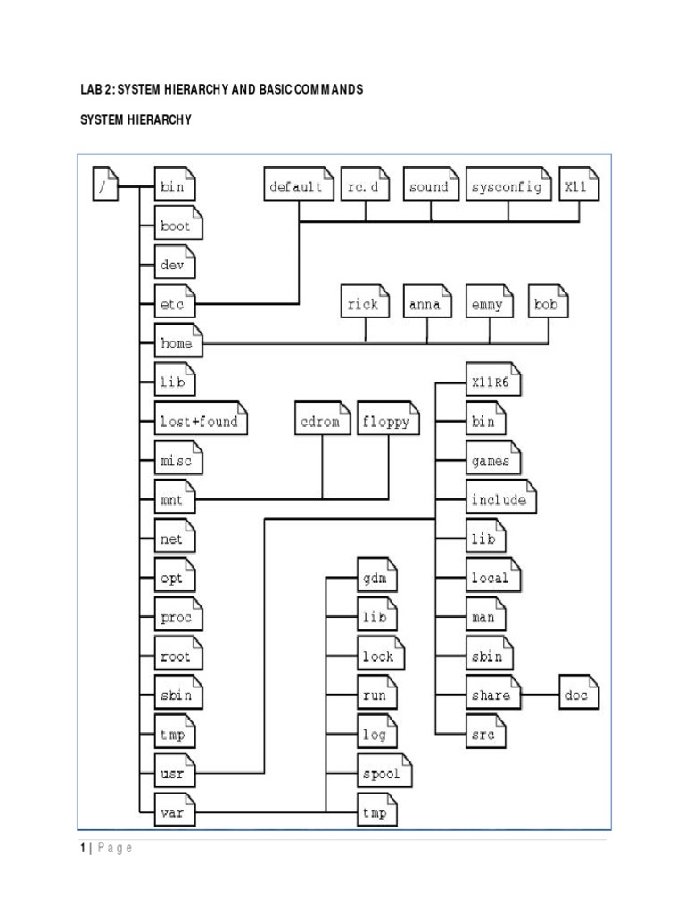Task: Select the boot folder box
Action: (x=177, y=226)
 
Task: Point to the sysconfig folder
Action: (x=508, y=187)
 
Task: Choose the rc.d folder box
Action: (x=366, y=187)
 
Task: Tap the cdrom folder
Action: (x=321, y=422)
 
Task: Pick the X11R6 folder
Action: (x=494, y=382)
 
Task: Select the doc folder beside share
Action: (x=579, y=695)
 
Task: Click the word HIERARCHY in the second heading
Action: (x=159, y=119)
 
